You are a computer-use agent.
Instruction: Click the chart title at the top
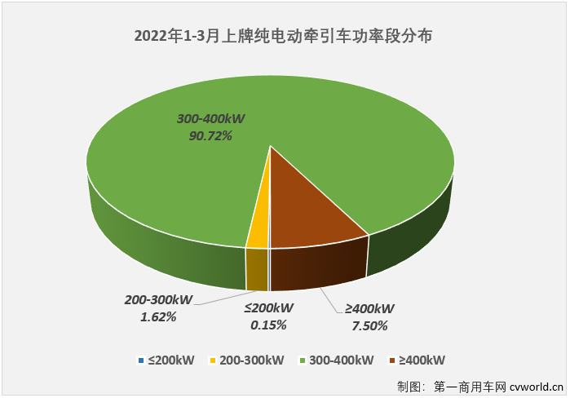(x=283, y=36)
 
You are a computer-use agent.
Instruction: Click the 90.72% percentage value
(x=210, y=136)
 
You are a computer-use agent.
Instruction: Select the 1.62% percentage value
(x=159, y=317)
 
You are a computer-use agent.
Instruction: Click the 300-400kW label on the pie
(x=210, y=119)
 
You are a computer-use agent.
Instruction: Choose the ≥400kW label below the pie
(x=369, y=309)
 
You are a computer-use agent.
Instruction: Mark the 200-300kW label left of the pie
(x=158, y=300)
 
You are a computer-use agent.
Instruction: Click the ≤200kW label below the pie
(x=269, y=309)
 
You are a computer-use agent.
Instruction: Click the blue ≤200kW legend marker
(x=142, y=360)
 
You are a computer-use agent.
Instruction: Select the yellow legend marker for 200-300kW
(x=213, y=360)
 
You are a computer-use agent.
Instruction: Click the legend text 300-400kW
(x=342, y=360)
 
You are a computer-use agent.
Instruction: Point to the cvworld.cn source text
(x=535, y=385)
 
